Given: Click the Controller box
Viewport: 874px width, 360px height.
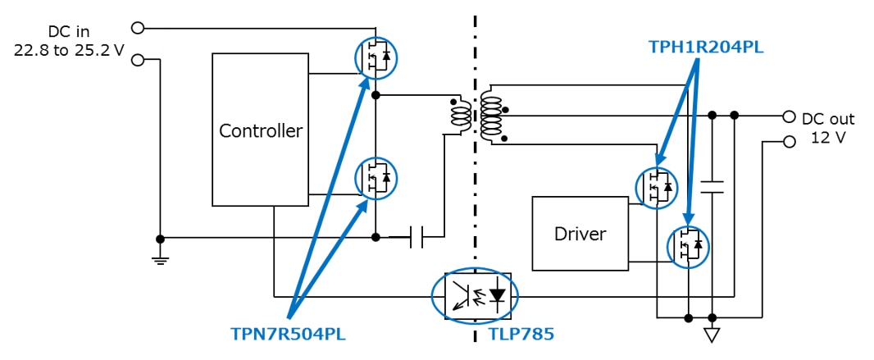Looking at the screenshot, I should [x=261, y=130].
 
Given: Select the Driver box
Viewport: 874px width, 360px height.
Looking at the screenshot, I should [x=580, y=233].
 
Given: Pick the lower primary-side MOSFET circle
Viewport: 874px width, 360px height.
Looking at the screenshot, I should [x=376, y=178].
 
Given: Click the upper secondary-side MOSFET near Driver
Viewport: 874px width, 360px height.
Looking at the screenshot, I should [x=657, y=188].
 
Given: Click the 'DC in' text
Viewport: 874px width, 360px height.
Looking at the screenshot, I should [x=71, y=32].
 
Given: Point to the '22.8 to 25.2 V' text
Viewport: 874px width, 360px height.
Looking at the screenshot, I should [x=69, y=50].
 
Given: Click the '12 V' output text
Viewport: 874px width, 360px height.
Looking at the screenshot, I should [x=828, y=137].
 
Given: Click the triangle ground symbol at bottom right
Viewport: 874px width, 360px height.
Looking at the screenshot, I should [x=712, y=334].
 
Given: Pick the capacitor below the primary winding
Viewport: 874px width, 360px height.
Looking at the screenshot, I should [x=417, y=238].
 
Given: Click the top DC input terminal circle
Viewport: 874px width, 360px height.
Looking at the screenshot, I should [x=138, y=28].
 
